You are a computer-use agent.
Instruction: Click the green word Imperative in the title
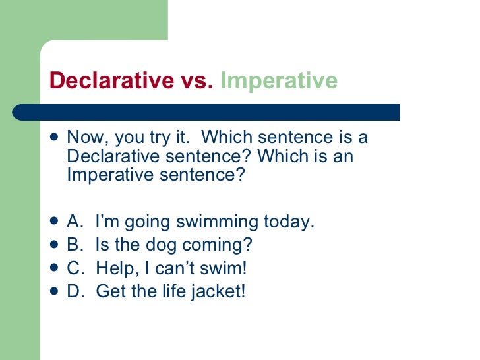pos(278,81)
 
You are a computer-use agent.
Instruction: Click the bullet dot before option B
pos(53,245)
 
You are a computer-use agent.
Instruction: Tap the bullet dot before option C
pos(53,268)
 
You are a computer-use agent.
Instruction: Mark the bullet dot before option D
pos(53,291)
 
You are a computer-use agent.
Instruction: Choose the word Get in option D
pos(110,291)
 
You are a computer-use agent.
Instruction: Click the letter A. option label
pos(75,222)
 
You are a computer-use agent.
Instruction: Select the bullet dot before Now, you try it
pos(53,138)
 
